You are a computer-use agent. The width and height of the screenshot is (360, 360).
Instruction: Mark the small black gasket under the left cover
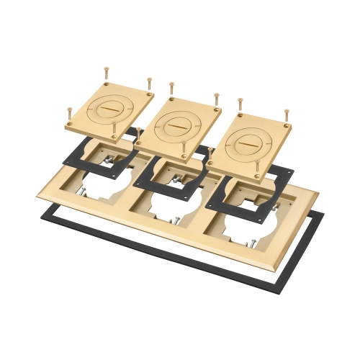pyautogui.click(x=76, y=158)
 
